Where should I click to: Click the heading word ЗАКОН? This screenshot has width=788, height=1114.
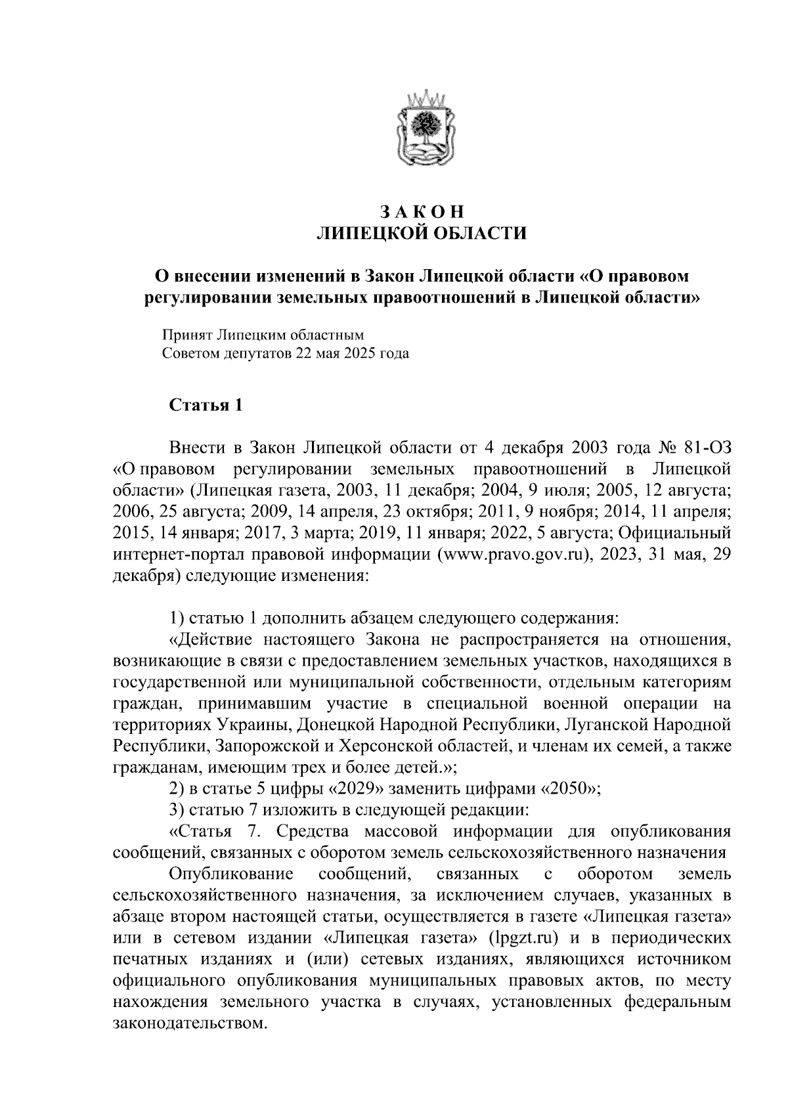point(422,212)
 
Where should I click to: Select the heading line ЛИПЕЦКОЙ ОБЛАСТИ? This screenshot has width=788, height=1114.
point(422,234)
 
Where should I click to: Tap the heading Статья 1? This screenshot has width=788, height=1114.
point(206,405)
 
